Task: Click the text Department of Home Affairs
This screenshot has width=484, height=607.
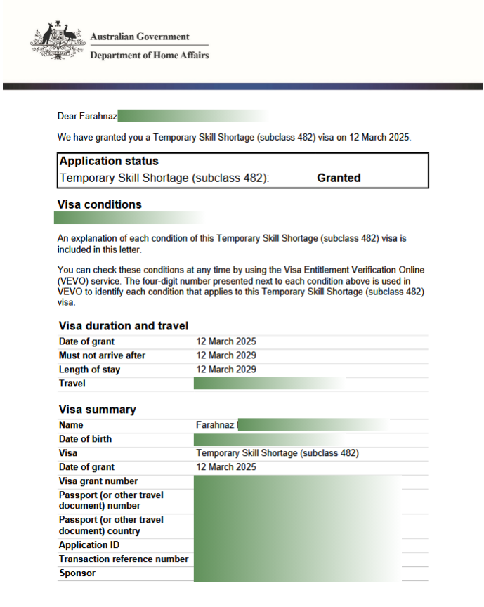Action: [149, 55]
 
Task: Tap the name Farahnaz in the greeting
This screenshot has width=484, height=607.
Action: [98, 116]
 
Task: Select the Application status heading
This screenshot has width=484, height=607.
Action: [109, 161]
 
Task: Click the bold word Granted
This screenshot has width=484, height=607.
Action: [339, 178]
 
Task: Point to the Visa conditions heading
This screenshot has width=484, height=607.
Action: [99, 204]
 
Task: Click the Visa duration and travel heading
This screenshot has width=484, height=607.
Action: [123, 325]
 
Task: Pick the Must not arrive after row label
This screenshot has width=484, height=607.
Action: [102, 355]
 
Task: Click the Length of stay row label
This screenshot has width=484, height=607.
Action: [89, 370]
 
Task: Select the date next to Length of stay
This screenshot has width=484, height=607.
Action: [226, 370]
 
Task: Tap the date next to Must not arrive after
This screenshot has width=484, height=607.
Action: [226, 355]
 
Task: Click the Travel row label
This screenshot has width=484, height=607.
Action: [72, 384]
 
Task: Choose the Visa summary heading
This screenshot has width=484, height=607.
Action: [97, 410]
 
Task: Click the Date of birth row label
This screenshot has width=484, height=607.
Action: [85, 439]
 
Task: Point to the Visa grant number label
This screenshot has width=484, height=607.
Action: [98, 481]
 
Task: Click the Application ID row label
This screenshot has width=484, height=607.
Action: [89, 545]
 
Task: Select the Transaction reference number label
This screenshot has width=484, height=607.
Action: [124, 559]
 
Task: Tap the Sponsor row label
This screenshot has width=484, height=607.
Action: [77, 573]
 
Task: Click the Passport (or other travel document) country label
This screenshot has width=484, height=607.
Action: [111, 525]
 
